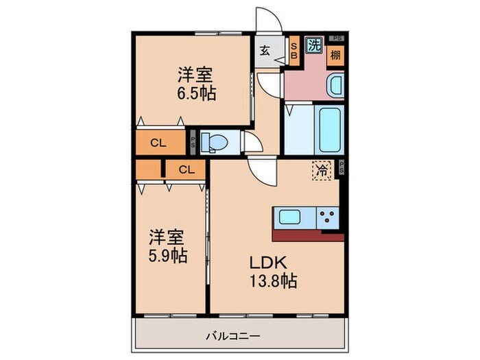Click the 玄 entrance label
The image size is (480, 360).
point(265,49)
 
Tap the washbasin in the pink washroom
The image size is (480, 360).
point(335,87)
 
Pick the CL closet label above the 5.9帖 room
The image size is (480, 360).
point(187,169)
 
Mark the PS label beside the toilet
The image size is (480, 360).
point(193,143)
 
